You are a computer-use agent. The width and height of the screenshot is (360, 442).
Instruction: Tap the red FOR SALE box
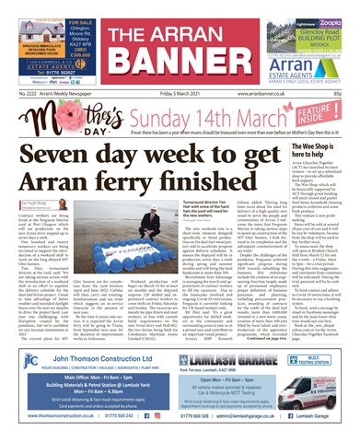pos(87,21)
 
